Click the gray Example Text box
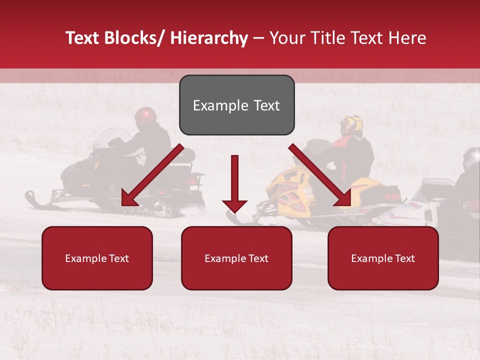(x=236, y=105)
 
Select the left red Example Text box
(x=97, y=258)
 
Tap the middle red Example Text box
(x=236, y=258)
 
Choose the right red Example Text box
(x=383, y=258)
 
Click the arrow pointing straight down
(x=234, y=185)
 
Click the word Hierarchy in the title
(x=209, y=38)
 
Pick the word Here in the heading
(x=408, y=38)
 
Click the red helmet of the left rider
(x=145, y=116)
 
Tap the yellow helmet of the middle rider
(x=351, y=125)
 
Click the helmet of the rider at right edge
(x=471, y=158)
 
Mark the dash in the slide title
(x=258, y=38)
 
